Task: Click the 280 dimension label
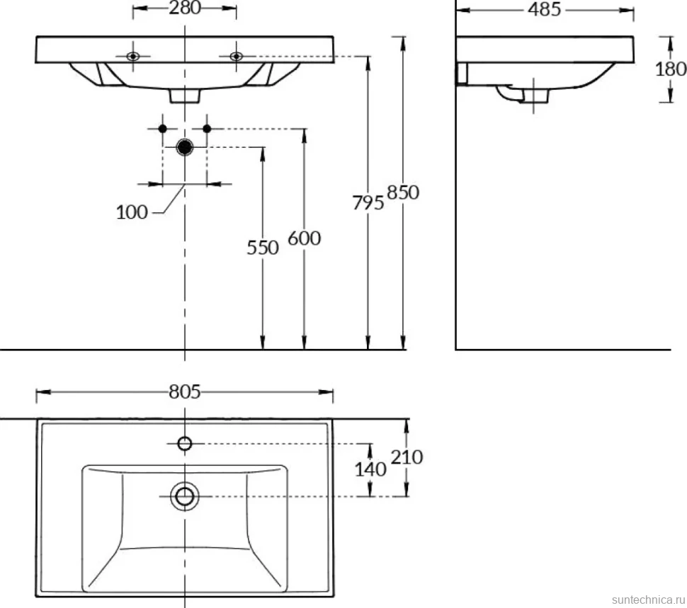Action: (185, 8)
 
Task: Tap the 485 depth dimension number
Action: (544, 9)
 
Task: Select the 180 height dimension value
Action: (670, 69)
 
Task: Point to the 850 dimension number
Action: (403, 193)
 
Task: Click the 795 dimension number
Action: (368, 202)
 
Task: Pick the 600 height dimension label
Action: (304, 239)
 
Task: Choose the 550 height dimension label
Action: (263, 248)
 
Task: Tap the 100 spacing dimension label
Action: (132, 212)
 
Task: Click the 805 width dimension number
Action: (184, 391)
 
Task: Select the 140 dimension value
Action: (370, 470)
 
